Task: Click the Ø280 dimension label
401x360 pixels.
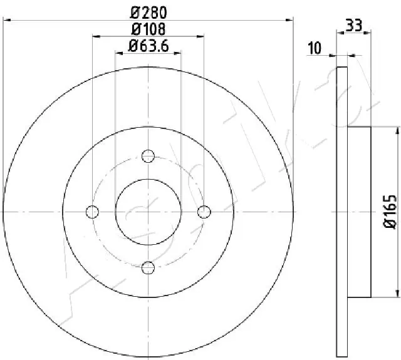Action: (148, 11)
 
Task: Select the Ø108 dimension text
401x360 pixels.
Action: (148, 28)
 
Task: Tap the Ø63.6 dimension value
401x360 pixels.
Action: (148, 45)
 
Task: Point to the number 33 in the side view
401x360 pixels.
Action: (354, 26)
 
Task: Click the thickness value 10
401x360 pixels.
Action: (315, 47)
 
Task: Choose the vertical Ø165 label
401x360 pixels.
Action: (388, 212)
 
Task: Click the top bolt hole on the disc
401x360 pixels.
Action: (148, 156)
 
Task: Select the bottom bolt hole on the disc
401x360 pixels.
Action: (148, 268)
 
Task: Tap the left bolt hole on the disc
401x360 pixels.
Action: (93, 212)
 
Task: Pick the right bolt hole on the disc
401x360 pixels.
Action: (204, 212)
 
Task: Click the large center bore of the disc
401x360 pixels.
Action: (148, 212)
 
